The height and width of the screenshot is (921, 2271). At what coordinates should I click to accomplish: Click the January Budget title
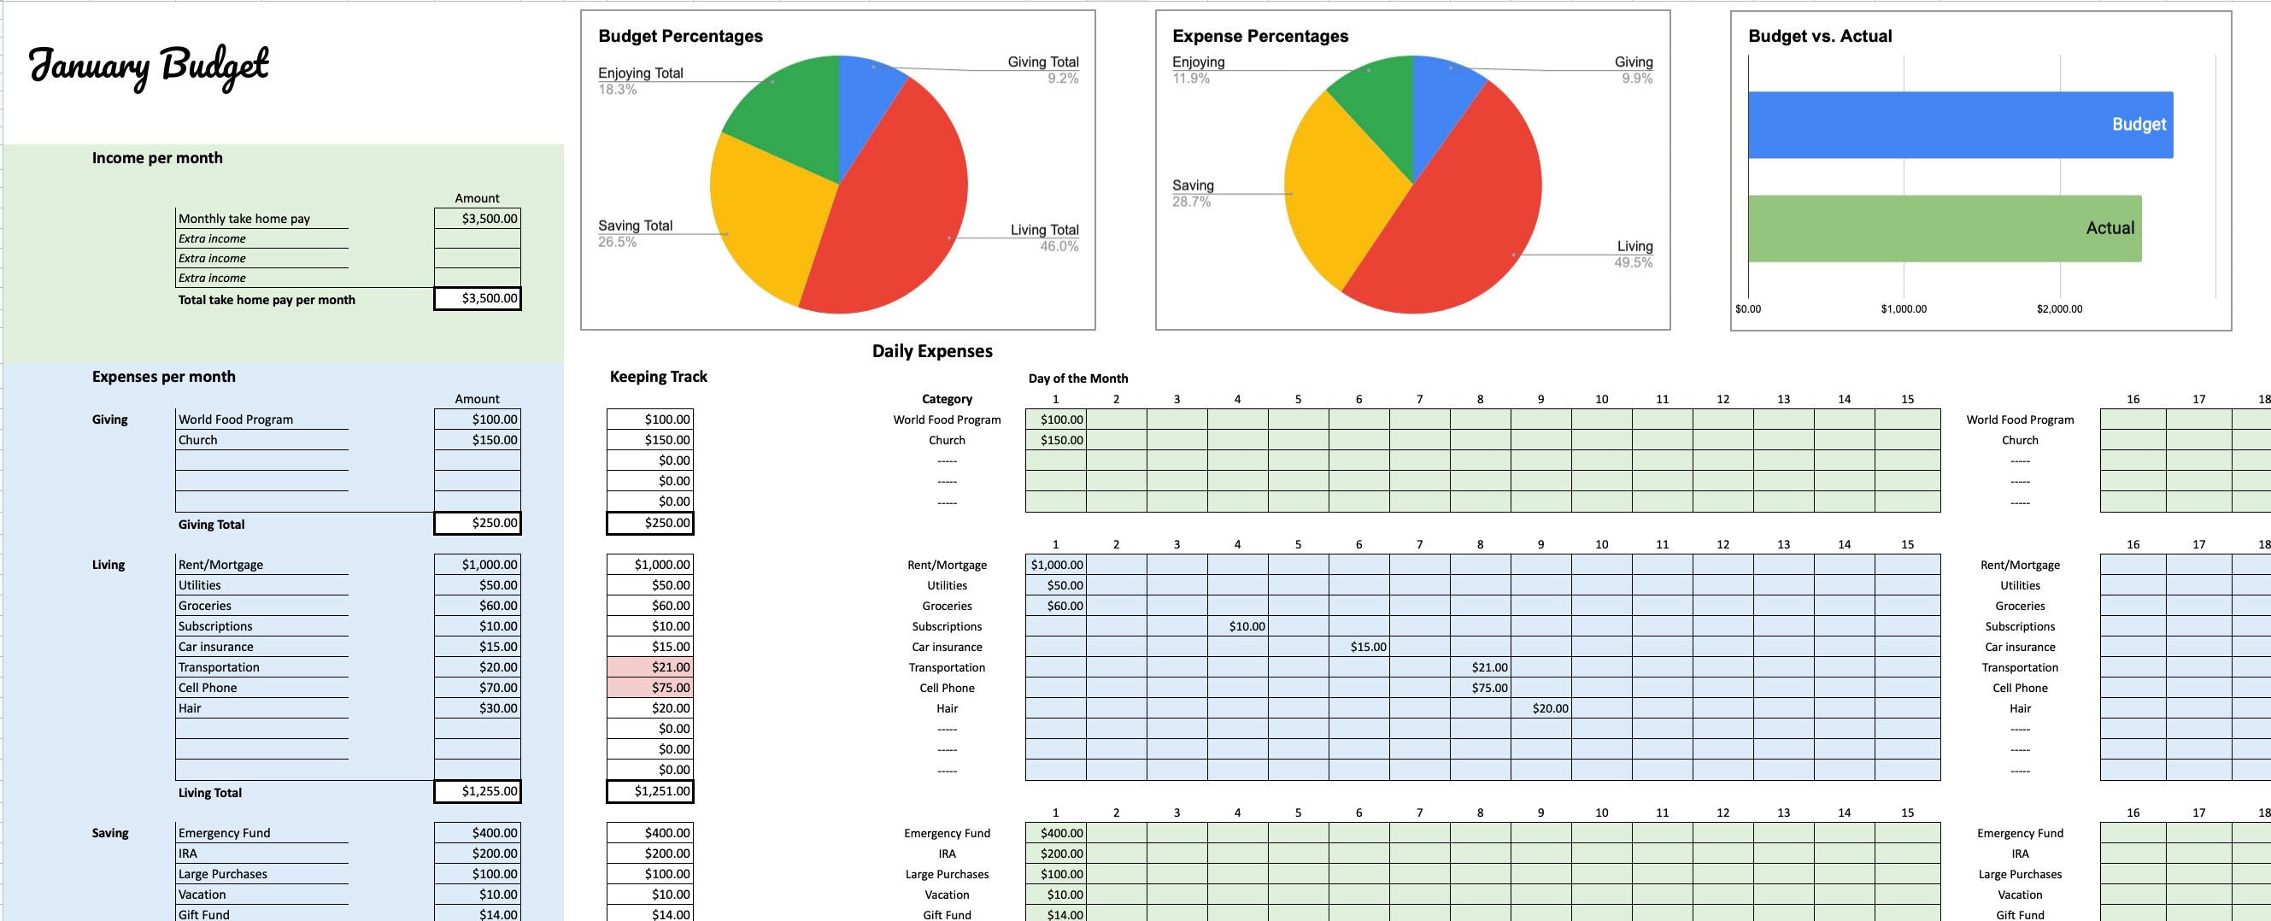[149, 66]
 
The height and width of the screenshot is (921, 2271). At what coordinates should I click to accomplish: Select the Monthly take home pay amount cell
[477, 218]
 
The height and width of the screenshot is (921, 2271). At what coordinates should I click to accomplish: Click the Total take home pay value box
[477, 298]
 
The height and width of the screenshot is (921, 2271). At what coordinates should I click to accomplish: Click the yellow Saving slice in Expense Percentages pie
[1331, 202]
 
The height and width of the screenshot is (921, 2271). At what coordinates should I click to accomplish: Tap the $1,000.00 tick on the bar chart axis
[1904, 309]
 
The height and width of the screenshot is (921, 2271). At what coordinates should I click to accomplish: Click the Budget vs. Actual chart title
[1820, 36]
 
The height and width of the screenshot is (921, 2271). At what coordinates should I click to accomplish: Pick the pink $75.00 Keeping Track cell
[649, 688]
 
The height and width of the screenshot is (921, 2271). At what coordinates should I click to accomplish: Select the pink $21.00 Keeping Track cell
[649, 667]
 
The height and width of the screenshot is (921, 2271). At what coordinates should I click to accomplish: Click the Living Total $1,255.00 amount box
[477, 791]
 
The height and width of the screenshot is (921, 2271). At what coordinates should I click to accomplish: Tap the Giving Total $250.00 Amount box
[477, 523]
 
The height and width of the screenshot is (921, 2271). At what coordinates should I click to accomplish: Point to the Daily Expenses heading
[932, 351]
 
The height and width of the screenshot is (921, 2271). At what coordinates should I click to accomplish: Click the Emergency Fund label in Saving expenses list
[225, 833]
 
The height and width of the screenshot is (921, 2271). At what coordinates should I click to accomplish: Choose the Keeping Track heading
[658, 376]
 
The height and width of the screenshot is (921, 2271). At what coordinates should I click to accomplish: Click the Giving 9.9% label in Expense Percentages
[1633, 69]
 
